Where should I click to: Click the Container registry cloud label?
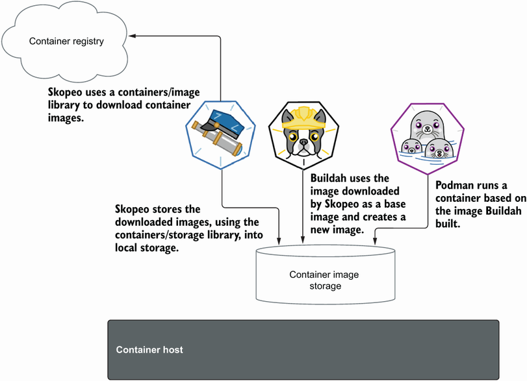66,42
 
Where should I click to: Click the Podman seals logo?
424,136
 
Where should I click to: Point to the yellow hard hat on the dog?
303,115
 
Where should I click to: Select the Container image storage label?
324,280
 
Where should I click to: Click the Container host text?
149,350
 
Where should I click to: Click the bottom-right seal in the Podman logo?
439,151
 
